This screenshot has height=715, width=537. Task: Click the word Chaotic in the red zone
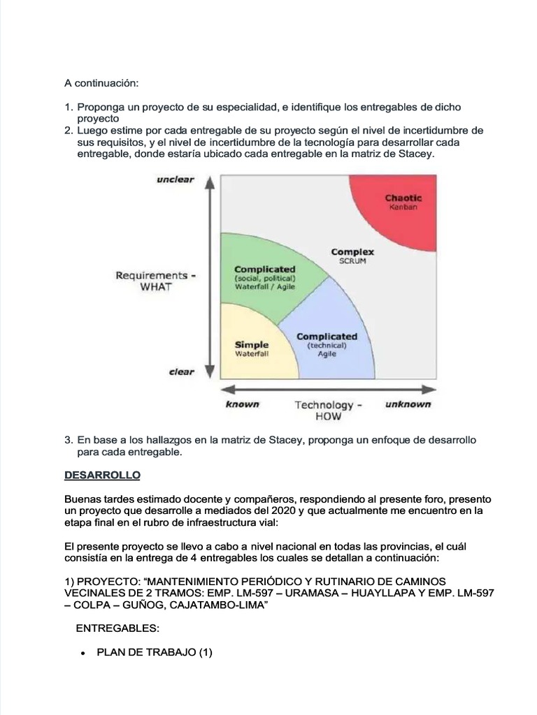coord(403,198)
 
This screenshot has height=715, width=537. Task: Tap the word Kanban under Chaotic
coord(403,207)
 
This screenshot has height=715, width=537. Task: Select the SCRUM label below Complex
coord(352,261)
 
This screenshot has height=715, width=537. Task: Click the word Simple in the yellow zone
coord(251,344)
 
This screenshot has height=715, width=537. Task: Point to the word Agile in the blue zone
coord(327,354)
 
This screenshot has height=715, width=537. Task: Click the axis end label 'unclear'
coord(176,179)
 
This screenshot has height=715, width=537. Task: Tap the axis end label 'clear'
coord(181,372)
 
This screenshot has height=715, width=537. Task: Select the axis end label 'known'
coord(242,404)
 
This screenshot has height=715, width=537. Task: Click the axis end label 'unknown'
coord(408,404)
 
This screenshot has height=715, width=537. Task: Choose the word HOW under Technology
coord(327,417)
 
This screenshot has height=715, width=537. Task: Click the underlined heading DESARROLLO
coord(102,476)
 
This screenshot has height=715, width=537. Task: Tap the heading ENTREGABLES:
coord(118,628)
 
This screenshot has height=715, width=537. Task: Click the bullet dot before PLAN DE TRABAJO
coord(83,654)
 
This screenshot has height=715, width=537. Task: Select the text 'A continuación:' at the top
coord(102,83)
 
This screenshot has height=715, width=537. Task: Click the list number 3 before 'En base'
coord(68,441)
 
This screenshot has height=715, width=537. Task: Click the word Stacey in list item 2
coord(417,154)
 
